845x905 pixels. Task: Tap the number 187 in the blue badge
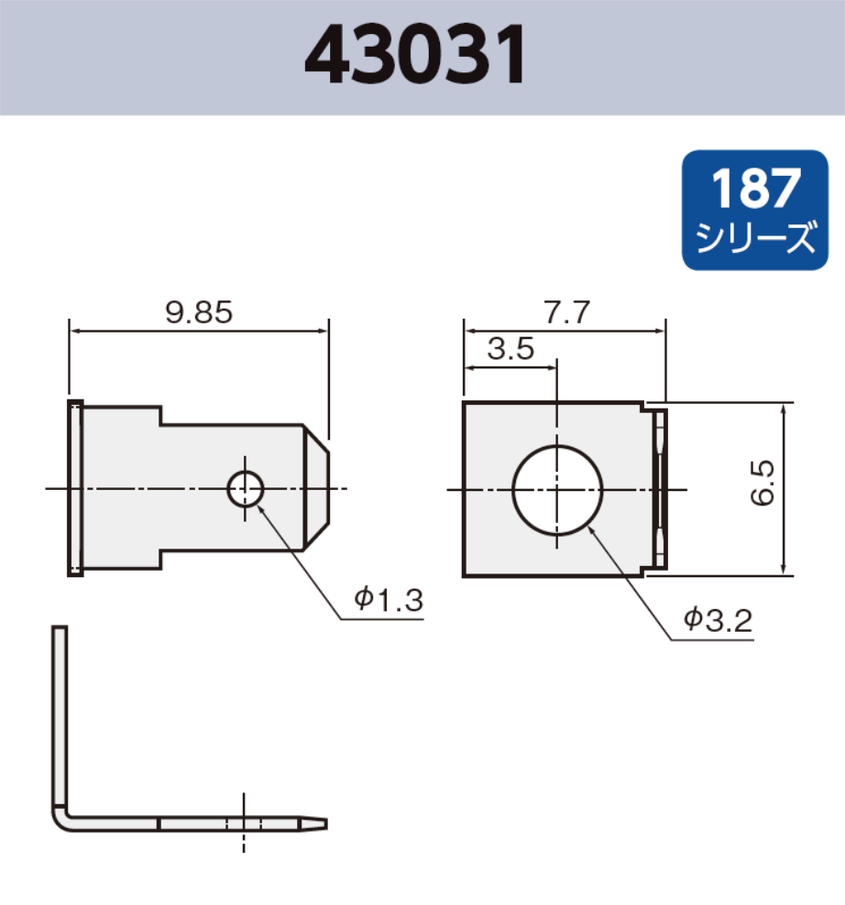click(755, 189)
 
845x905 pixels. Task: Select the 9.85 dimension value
click(199, 313)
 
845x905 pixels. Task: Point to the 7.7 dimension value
click(564, 313)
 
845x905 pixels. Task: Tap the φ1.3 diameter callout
click(389, 600)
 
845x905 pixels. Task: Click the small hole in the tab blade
click(246, 488)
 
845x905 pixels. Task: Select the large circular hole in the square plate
click(557, 489)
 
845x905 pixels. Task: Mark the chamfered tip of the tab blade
click(316, 488)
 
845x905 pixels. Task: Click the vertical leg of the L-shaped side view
click(60, 714)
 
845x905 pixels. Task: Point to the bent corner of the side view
click(62, 818)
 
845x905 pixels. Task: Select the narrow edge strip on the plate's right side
click(661, 488)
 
